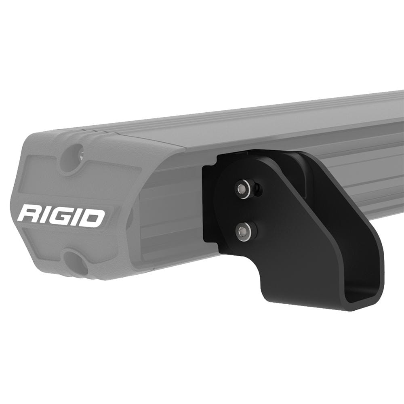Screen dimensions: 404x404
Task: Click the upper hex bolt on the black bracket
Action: (242, 188)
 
